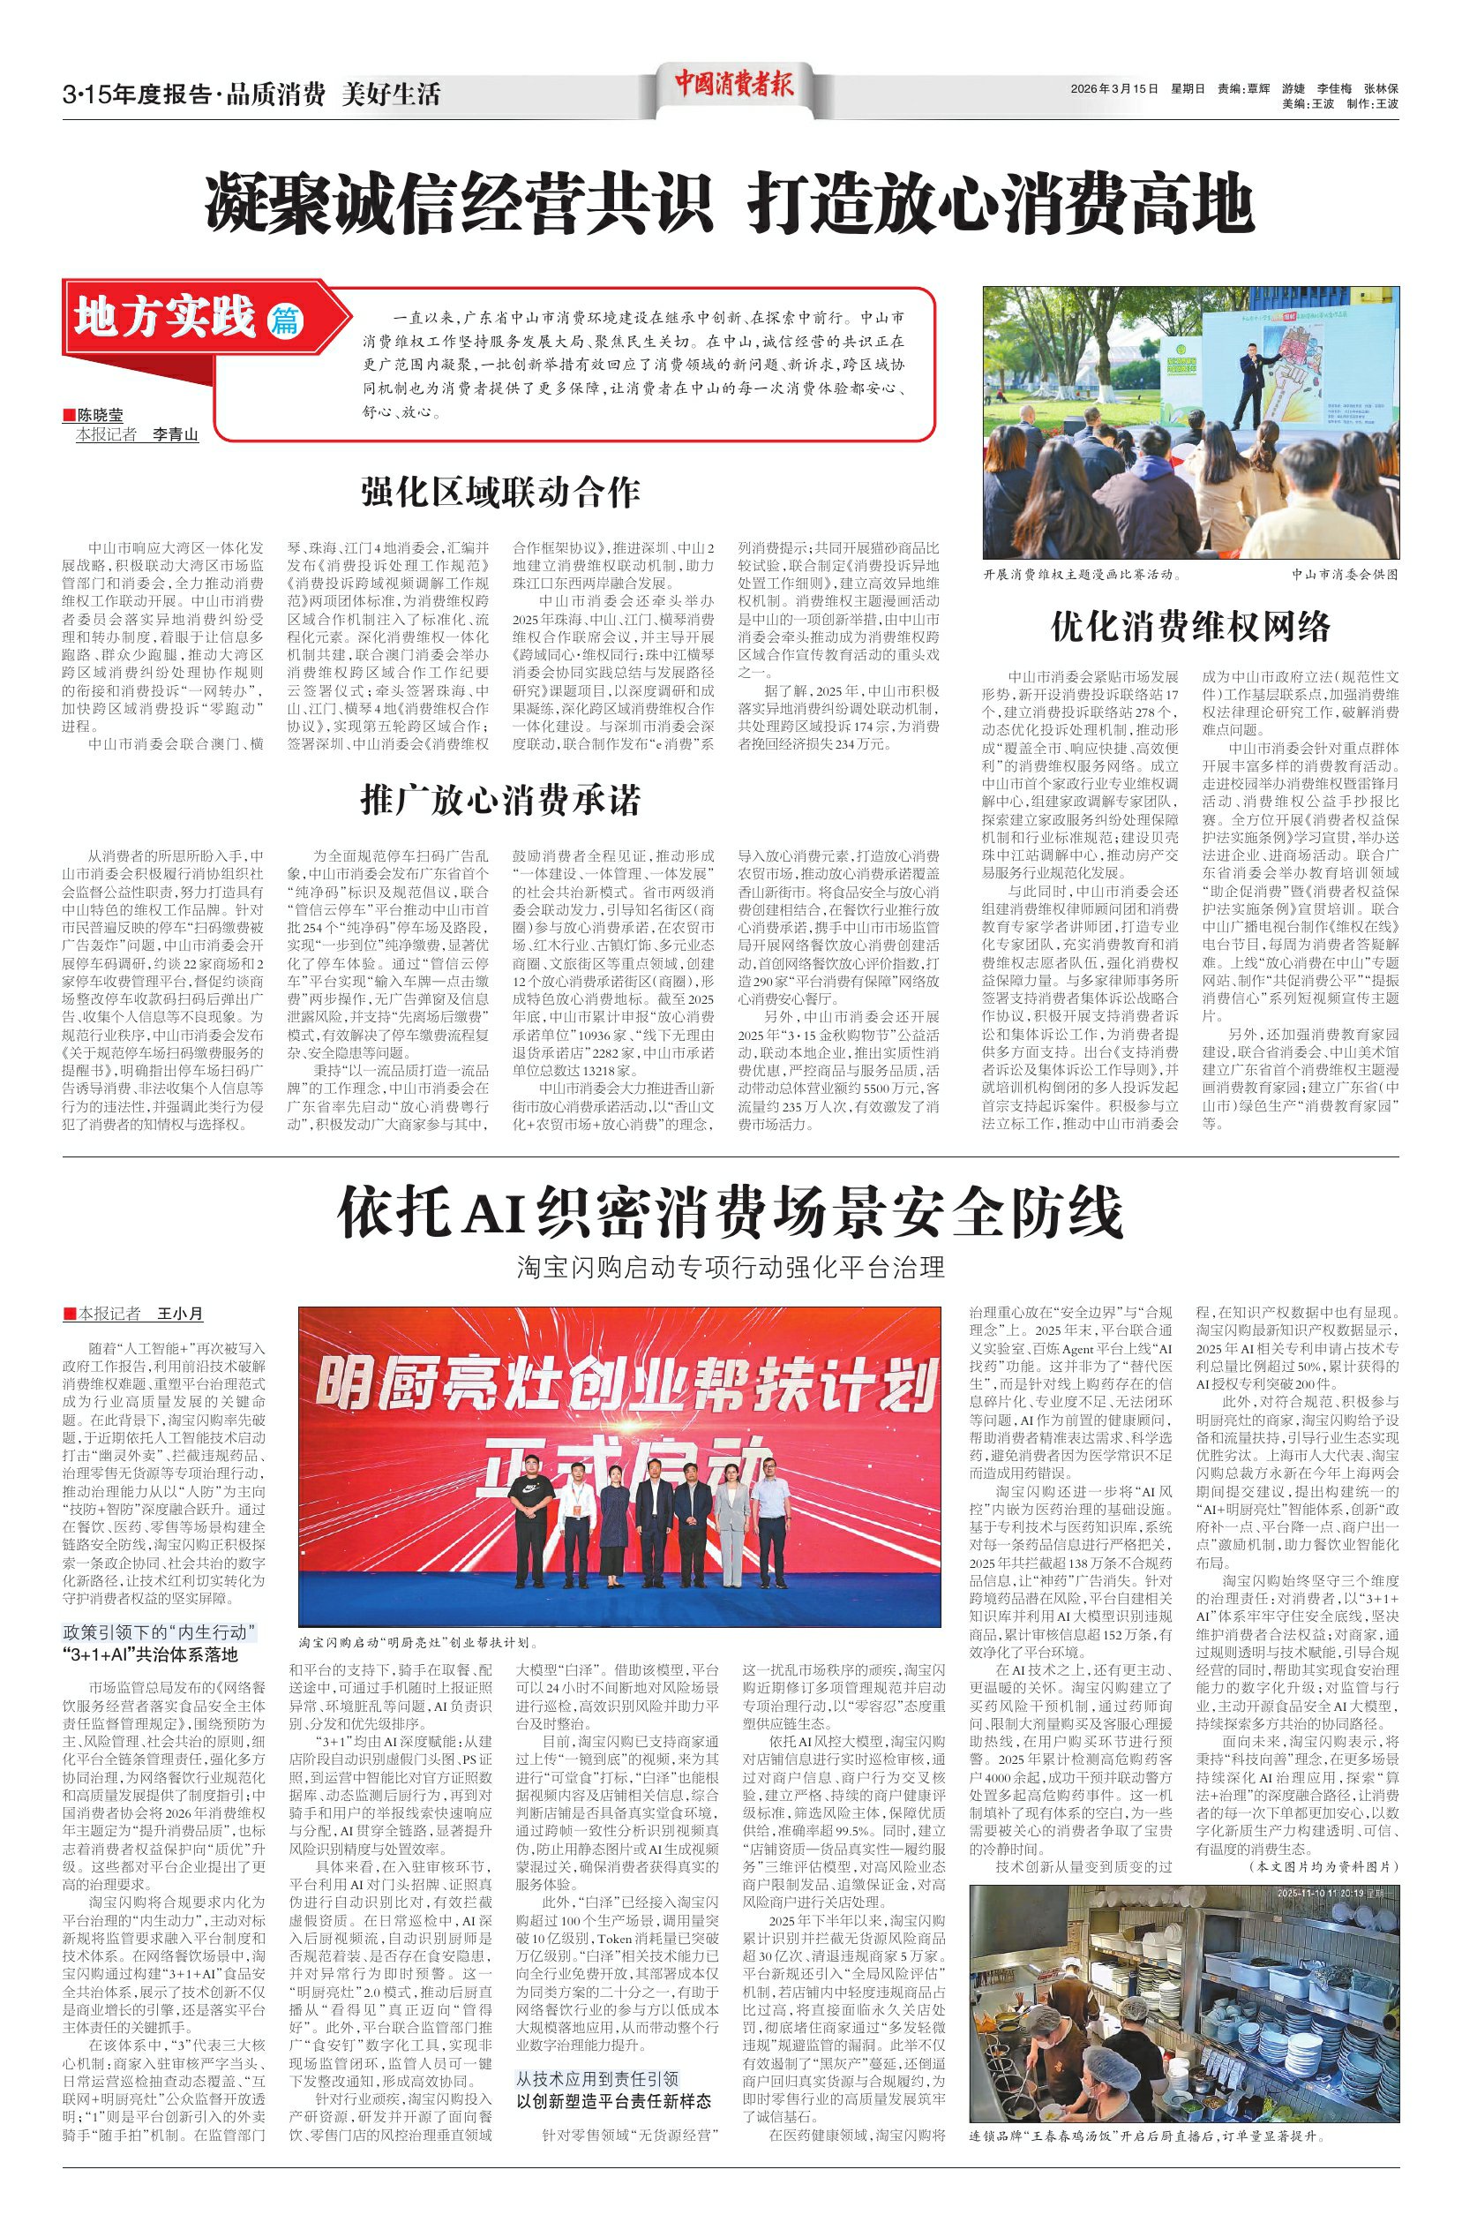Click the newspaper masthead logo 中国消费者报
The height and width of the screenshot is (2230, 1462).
pos(733,87)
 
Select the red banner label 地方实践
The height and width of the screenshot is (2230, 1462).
pos(166,317)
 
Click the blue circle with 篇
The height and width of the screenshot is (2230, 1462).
pos(286,320)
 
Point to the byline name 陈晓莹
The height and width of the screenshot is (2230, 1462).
pos(100,415)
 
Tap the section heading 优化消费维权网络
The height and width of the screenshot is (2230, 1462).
pos(1189,626)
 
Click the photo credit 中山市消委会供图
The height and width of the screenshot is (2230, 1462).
pos(1343,575)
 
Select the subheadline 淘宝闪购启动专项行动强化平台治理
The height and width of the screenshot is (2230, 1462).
pos(730,1268)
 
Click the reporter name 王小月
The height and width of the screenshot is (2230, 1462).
pos(180,1314)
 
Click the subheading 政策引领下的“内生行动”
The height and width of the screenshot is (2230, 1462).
pos(159,1632)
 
